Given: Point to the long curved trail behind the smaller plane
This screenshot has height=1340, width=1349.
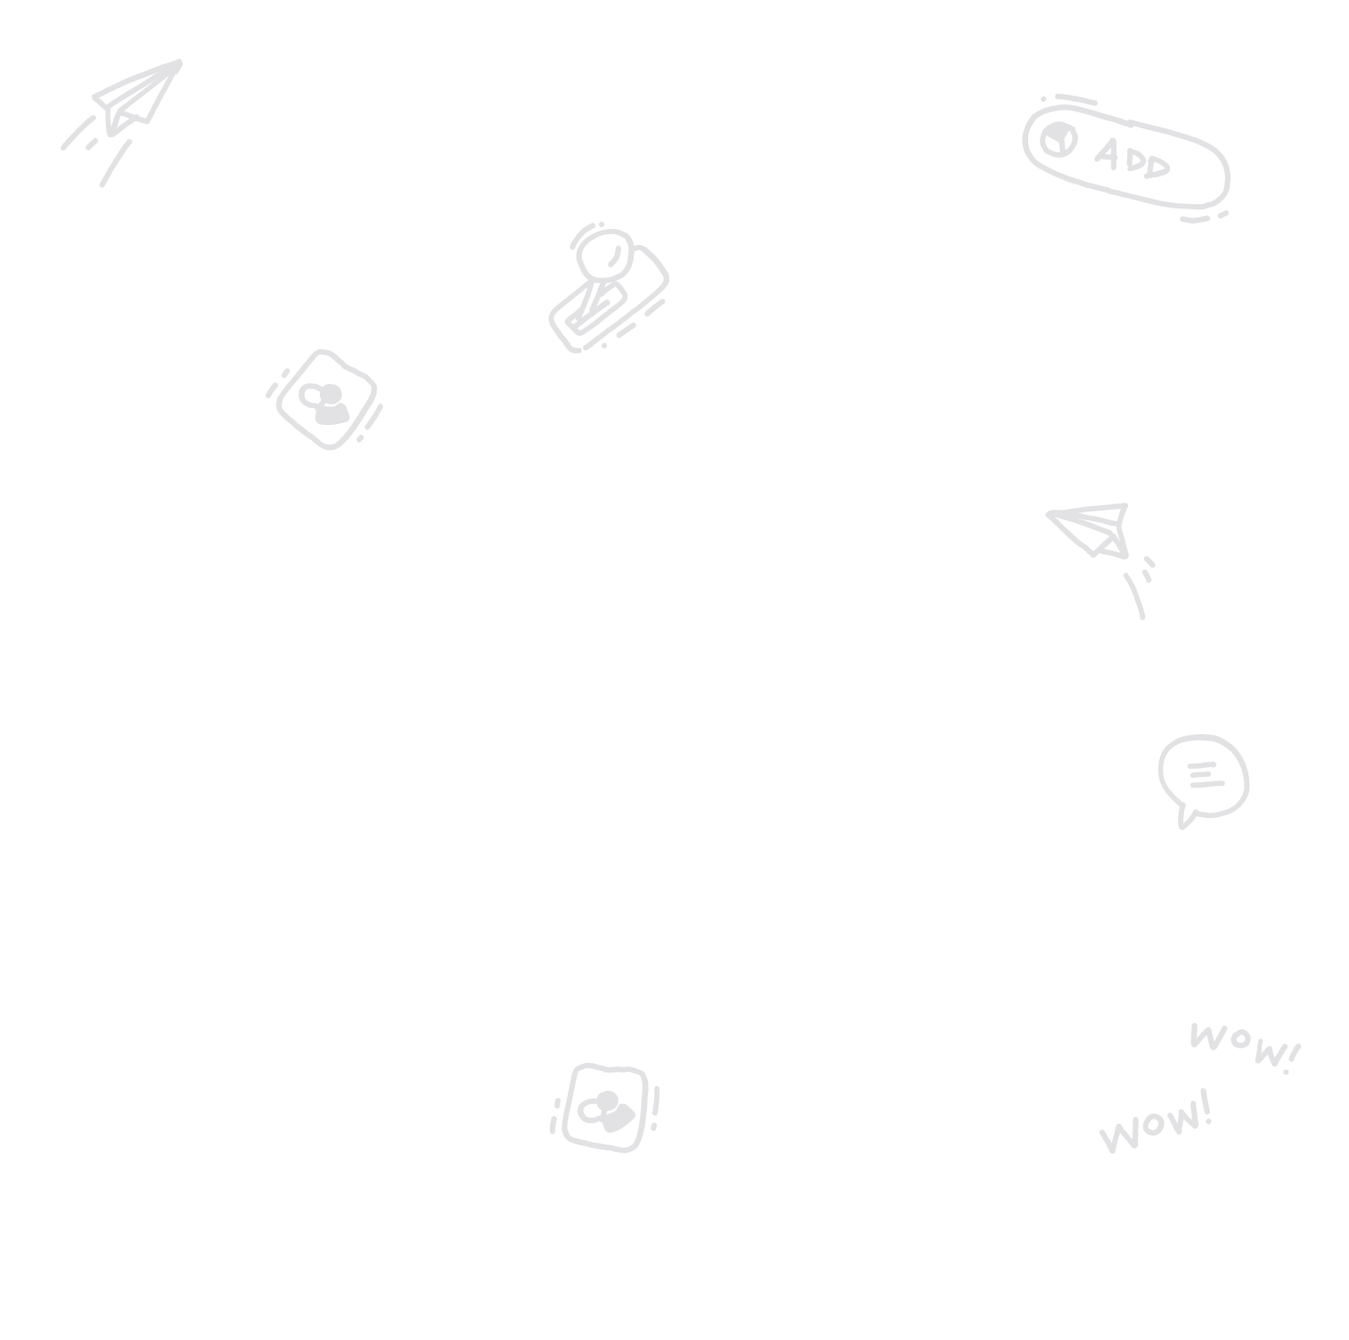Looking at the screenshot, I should (1135, 596).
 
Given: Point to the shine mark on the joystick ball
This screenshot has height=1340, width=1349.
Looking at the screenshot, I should (615, 258).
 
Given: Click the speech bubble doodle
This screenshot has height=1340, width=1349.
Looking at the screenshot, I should (1203, 776).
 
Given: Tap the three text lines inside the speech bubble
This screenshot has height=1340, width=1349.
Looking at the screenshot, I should (1204, 775).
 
